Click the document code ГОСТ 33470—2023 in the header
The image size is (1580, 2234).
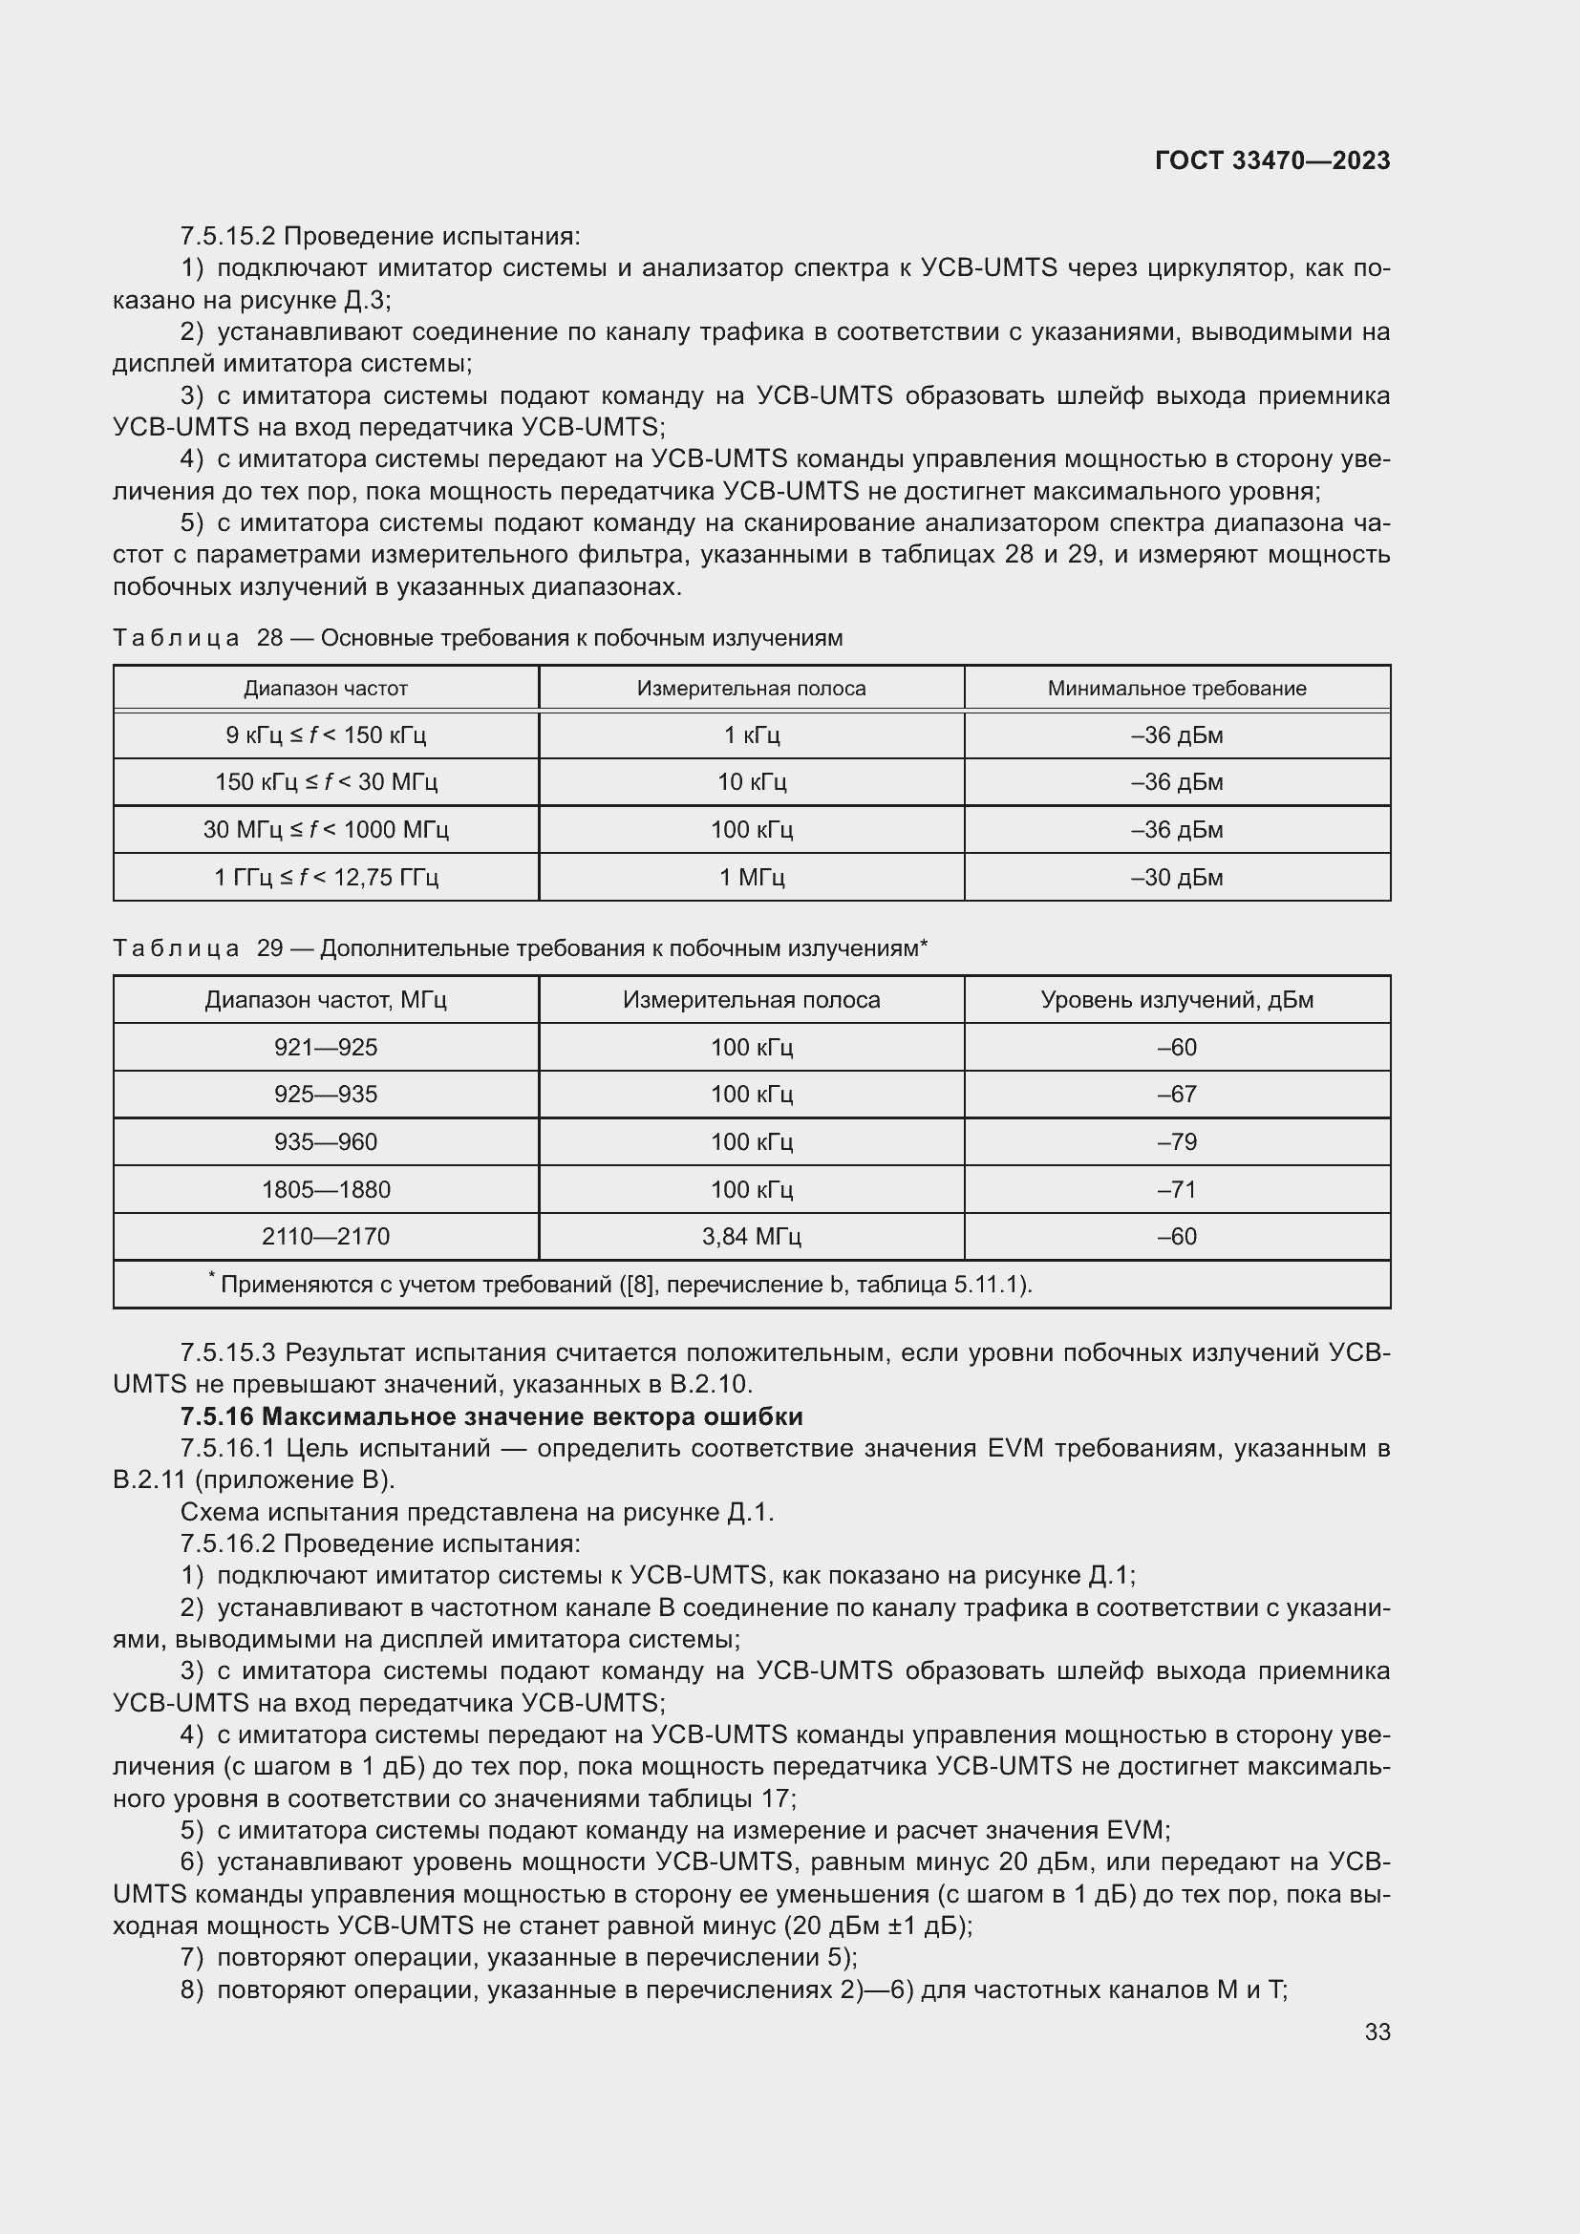point(1271,161)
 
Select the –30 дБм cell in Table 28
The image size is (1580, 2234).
point(1176,878)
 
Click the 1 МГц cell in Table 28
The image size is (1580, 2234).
point(751,878)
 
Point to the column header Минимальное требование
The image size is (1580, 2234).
point(1176,689)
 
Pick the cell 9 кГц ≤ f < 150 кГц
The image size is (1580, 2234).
point(326,735)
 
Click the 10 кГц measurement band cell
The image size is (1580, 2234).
point(751,782)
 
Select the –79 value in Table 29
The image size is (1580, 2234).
point(1176,1142)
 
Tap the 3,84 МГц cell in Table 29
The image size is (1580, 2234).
point(751,1237)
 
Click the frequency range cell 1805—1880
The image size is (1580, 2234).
point(326,1189)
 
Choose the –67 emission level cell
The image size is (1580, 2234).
point(1176,1095)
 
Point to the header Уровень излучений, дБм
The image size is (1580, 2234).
point(1176,1000)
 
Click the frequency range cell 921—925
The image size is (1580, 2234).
point(326,1048)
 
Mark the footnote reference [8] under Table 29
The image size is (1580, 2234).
point(639,1286)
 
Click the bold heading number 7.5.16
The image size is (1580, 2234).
point(217,1416)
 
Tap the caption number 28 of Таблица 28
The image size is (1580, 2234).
point(269,638)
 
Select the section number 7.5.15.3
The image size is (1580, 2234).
point(228,1352)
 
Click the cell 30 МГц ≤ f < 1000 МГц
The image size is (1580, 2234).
point(326,830)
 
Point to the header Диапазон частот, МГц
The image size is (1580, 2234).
point(326,1000)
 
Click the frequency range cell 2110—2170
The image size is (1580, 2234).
point(326,1237)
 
